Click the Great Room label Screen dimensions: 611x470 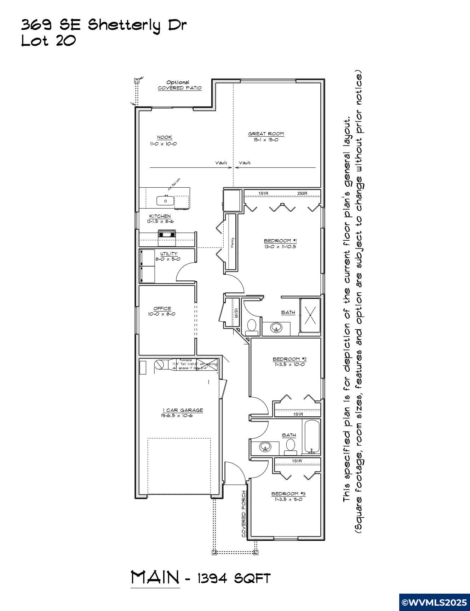pos(266,134)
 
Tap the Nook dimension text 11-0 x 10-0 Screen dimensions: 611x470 pos(163,144)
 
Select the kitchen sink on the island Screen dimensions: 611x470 pos(166,201)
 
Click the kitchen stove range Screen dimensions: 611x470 pos(166,234)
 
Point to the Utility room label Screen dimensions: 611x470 pos(168,254)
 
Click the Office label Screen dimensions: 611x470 pos(162,309)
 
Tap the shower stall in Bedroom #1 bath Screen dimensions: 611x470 pos(310,315)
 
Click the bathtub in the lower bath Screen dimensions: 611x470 pos(312,436)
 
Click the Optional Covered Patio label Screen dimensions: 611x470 pos(179,85)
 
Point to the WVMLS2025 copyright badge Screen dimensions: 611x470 pos(434,602)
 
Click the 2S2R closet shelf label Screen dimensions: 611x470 pos(302,193)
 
